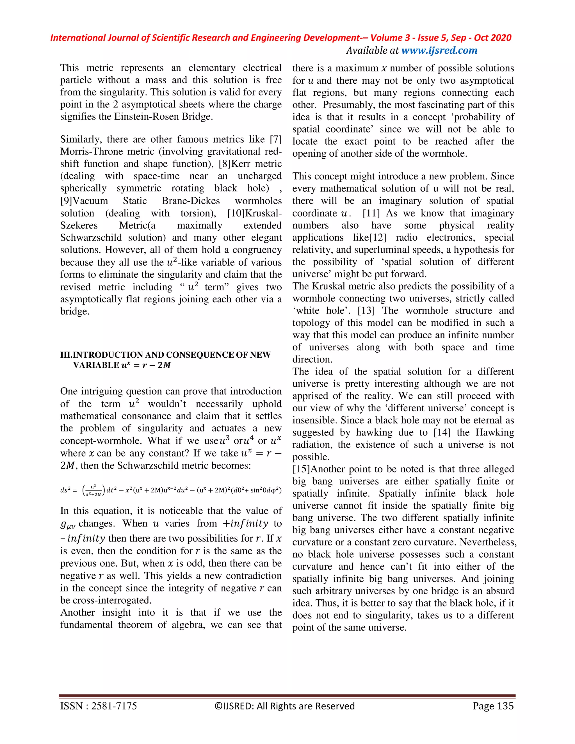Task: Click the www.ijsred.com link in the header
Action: click(439, 51)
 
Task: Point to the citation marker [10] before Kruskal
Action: click(236, 213)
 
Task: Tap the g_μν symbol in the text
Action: click(67, 524)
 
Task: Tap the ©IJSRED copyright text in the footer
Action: click(284, 706)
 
